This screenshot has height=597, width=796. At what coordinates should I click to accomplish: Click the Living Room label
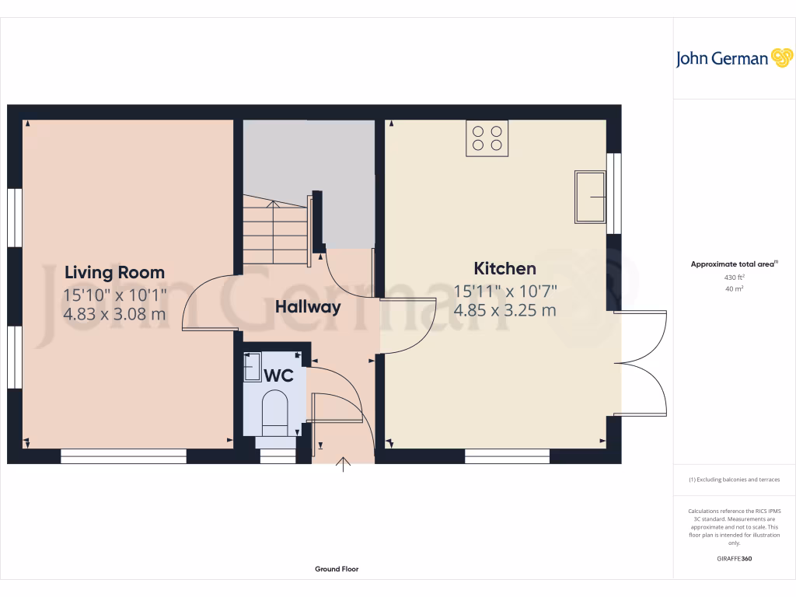point(114,272)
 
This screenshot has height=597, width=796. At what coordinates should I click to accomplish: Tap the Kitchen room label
point(505,268)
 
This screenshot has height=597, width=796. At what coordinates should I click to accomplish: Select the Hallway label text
point(308,307)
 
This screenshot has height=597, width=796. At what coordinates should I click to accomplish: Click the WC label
point(279,375)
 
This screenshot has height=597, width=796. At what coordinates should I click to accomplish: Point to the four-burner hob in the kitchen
point(487,138)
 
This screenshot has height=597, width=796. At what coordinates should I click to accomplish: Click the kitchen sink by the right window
point(590,197)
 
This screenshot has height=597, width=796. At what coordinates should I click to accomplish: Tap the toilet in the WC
point(275,412)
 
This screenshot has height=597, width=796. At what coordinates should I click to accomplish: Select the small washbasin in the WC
point(253,367)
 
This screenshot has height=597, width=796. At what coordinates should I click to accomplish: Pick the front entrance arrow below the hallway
point(343,465)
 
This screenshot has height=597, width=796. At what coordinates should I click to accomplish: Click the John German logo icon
point(780,58)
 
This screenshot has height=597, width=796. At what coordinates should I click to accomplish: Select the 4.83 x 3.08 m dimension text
point(114,314)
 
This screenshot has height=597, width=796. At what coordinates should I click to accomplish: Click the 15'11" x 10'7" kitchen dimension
point(505,292)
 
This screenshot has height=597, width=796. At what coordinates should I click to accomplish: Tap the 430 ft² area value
point(734,278)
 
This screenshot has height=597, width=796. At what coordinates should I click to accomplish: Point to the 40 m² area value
point(734,288)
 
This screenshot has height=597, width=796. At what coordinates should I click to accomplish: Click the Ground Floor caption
point(337,569)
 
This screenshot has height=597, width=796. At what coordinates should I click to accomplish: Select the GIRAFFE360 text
point(734,559)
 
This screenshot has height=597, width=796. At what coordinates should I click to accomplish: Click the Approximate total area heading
point(734,264)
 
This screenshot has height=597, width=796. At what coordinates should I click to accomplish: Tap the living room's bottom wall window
point(124,457)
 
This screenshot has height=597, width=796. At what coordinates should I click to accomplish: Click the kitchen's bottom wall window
point(507,457)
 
